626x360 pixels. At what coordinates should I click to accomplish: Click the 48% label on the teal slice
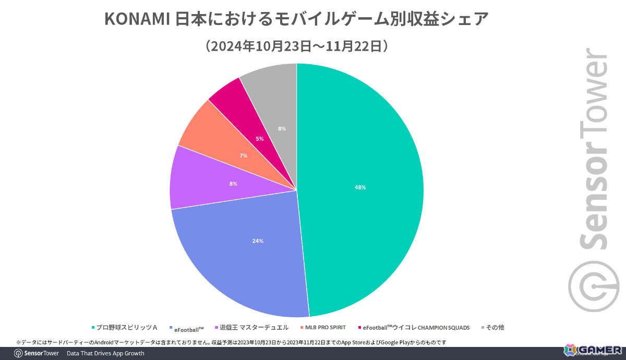click(x=360, y=187)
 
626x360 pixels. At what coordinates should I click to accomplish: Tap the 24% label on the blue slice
click(x=258, y=241)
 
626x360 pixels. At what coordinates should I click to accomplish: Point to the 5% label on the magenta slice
click(x=260, y=139)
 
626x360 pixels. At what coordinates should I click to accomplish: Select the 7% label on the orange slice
click(x=243, y=156)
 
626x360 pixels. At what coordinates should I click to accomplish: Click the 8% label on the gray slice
click(x=282, y=128)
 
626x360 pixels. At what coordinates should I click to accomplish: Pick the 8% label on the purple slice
click(x=233, y=184)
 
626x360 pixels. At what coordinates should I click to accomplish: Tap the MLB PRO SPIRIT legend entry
click(x=325, y=328)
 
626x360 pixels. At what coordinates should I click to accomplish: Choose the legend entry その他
click(x=495, y=328)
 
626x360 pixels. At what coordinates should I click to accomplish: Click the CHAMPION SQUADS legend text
click(x=443, y=328)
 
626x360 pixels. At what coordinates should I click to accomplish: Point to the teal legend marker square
click(x=93, y=328)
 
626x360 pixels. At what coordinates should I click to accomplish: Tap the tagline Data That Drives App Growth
click(x=105, y=354)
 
